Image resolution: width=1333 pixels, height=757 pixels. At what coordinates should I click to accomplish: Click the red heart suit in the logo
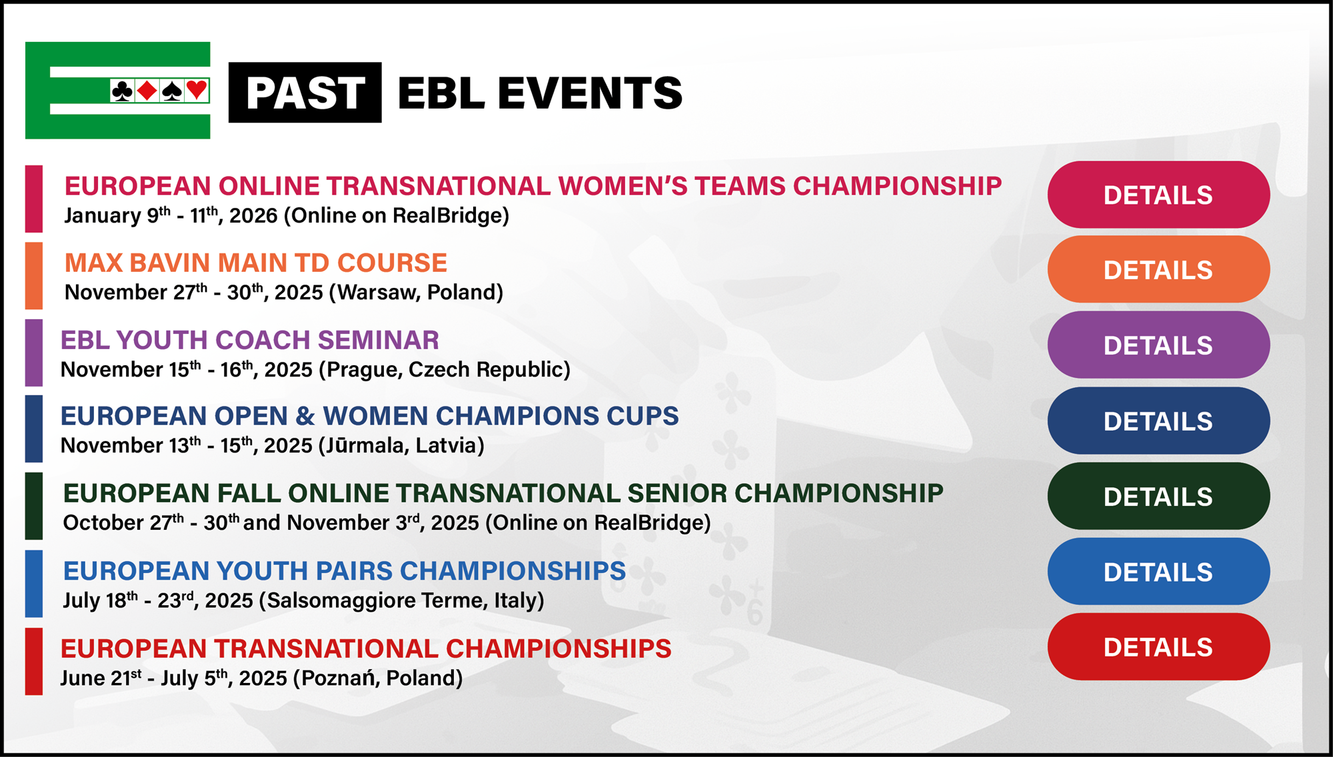[197, 90]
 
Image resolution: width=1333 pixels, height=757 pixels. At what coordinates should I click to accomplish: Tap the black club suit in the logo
[122, 91]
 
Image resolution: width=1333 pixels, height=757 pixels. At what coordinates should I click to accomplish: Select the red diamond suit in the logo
[147, 91]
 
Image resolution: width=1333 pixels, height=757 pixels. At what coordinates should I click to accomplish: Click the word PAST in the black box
[305, 93]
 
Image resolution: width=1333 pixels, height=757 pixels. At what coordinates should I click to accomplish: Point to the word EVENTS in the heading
[590, 93]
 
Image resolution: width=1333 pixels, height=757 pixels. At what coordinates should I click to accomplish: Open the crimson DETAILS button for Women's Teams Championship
[1158, 195]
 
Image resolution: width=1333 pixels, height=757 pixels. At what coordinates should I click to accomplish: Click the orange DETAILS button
[1158, 269]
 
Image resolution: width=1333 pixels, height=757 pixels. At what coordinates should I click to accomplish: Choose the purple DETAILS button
[1158, 345]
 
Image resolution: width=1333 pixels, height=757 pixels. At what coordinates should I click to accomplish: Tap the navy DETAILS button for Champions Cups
[1158, 420]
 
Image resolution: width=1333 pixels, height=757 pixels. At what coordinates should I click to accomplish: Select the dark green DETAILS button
[1158, 496]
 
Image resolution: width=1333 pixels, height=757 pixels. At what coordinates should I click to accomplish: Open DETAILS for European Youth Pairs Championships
[1158, 571]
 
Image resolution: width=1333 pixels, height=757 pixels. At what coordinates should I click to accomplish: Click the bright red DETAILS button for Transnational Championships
[1158, 646]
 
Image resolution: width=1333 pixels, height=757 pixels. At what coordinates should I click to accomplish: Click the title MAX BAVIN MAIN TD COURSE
[256, 263]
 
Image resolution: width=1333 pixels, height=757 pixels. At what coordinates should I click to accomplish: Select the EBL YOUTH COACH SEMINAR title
[250, 340]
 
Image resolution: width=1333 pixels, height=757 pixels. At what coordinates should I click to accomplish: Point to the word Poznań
[342, 678]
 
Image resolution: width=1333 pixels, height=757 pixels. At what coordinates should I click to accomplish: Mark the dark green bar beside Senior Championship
[34, 506]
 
